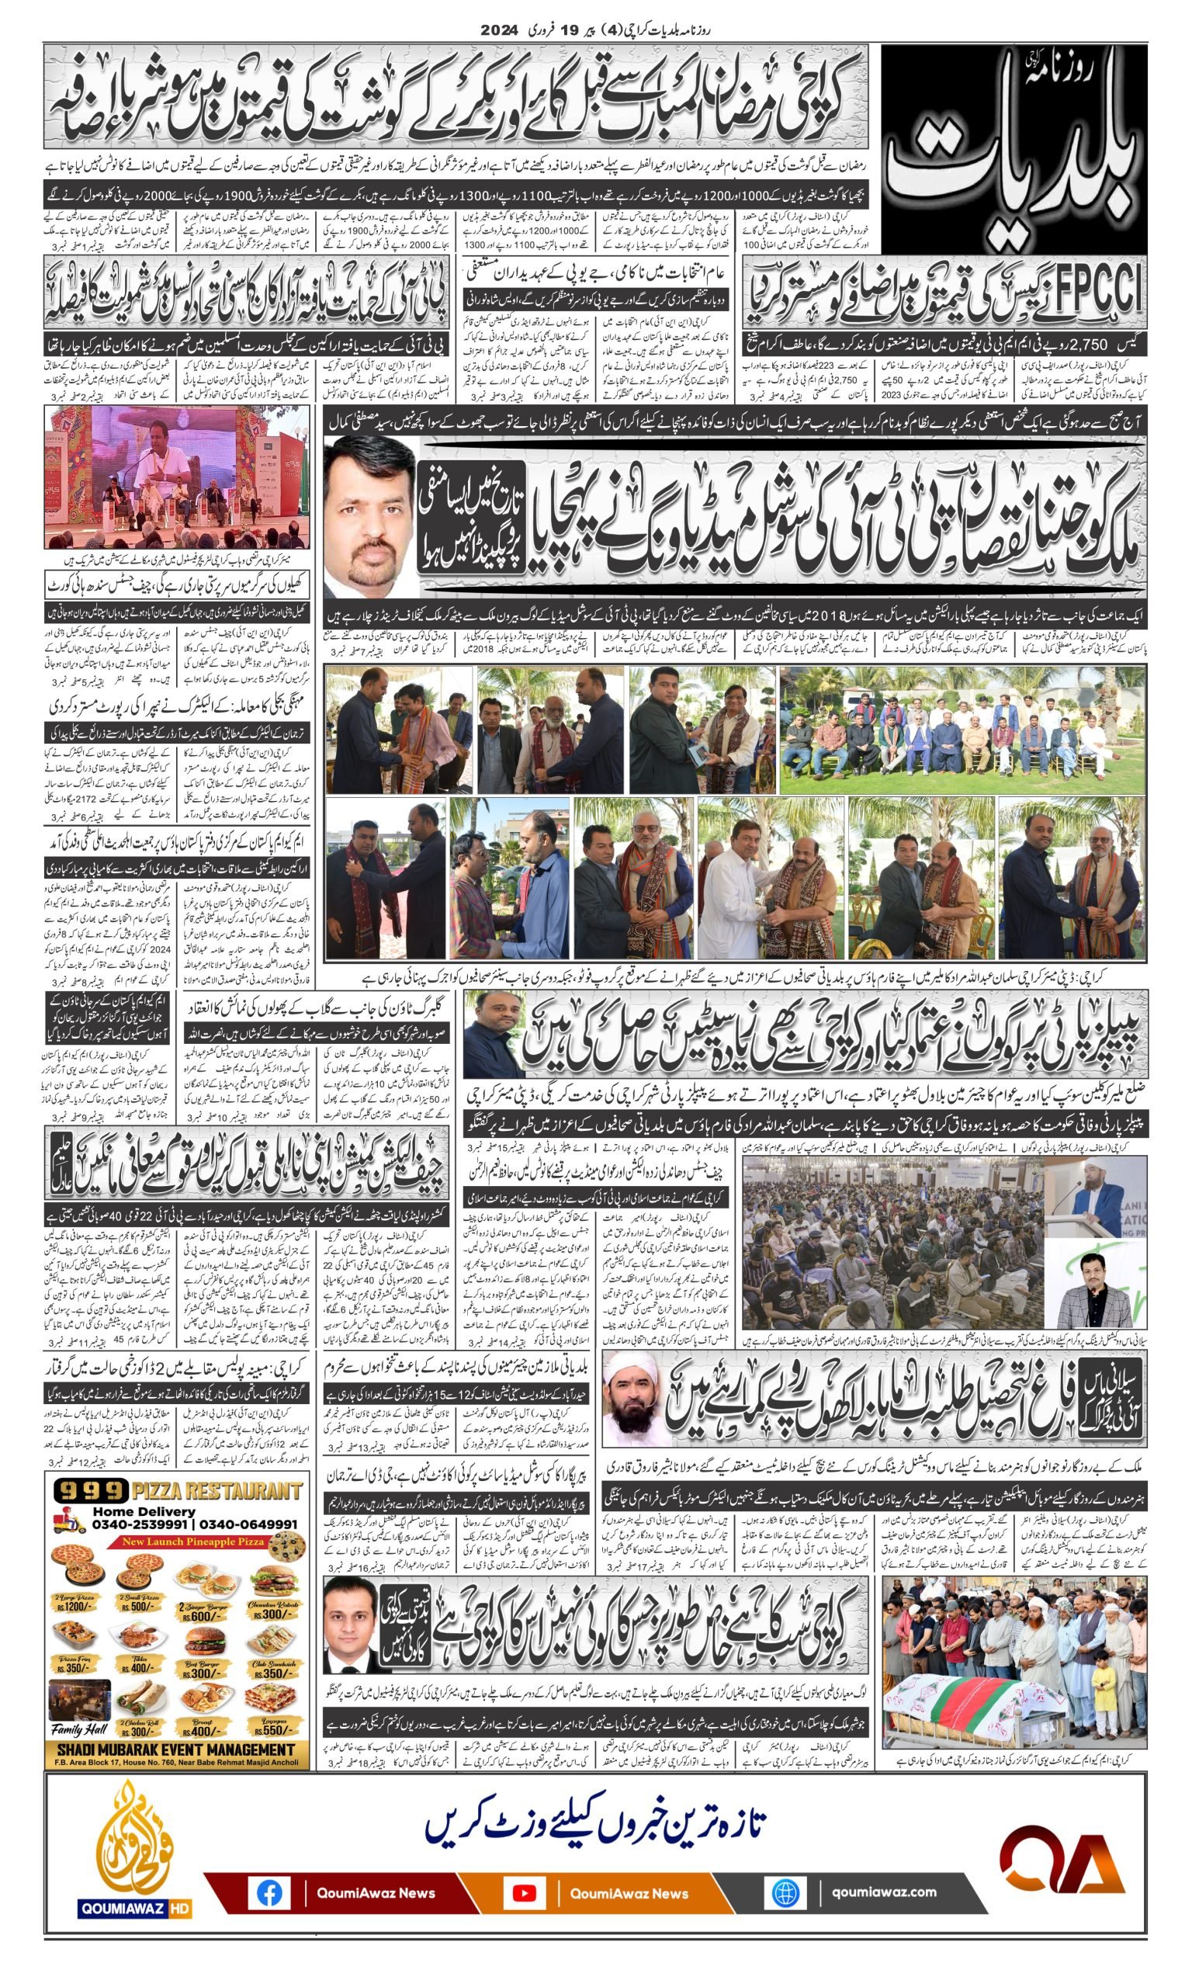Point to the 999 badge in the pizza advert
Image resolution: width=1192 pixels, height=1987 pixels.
click(91, 1492)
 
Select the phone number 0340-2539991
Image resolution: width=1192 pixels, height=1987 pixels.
click(139, 1524)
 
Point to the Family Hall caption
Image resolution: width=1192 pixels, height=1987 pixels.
click(78, 1729)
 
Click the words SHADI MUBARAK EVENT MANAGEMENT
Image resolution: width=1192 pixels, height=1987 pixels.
click(177, 1749)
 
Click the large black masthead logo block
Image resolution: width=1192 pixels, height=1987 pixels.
click(1014, 149)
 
